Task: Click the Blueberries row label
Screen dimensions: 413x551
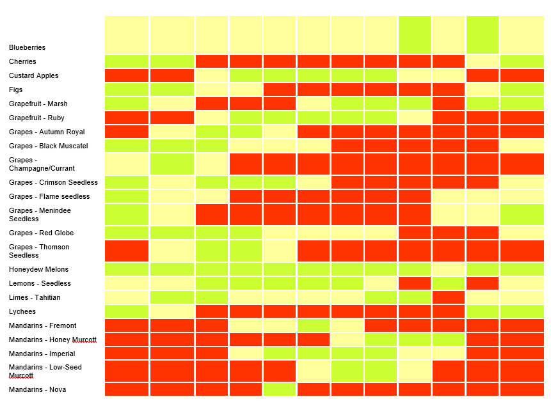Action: [x=27, y=47]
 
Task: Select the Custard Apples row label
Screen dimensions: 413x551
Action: [x=33, y=75]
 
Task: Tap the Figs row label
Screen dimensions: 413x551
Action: [x=15, y=90]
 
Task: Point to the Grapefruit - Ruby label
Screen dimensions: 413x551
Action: [x=36, y=118]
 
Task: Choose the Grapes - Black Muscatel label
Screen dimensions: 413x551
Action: [x=48, y=146]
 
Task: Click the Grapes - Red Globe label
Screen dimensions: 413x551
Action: [x=41, y=233]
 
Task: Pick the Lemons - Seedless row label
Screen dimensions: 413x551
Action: [x=40, y=283]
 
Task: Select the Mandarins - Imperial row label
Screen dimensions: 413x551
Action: [x=42, y=354]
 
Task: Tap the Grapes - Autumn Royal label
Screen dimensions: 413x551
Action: [x=47, y=132]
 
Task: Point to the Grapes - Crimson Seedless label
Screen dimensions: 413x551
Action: [x=53, y=182]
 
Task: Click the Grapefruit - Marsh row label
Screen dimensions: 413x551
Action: [x=38, y=104]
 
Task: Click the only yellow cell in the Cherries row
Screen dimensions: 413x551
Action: [x=482, y=61]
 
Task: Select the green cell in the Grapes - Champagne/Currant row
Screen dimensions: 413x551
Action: [x=172, y=164]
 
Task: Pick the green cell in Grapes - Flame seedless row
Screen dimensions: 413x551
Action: [x=127, y=196]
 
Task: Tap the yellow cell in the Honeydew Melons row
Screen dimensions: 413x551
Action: [x=448, y=269]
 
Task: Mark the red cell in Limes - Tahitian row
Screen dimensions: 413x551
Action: [x=448, y=297]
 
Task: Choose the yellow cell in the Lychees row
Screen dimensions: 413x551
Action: [x=172, y=311]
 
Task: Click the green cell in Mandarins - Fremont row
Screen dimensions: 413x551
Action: [x=313, y=325]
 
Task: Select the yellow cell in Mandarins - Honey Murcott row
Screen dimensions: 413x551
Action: [x=347, y=339]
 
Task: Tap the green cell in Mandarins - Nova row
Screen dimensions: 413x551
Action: [x=279, y=389]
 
